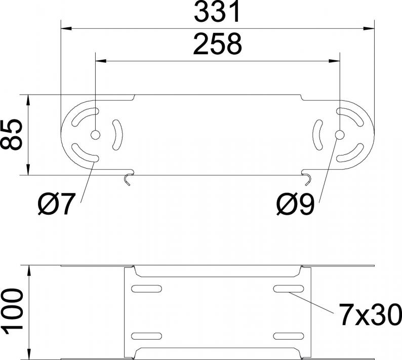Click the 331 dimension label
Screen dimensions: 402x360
pyautogui.click(x=217, y=12)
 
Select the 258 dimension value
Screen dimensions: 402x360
pyautogui.click(x=217, y=44)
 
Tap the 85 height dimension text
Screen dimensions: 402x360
pyautogui.click(x=11, y=135)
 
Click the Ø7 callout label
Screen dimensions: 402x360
pyautogui.click(x=57, y=204)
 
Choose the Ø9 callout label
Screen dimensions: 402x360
pyautogui.click(x=295, y=204)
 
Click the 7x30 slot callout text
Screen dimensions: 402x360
pyautogui.click(x=370, y=314)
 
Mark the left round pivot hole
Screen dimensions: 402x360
pyautogui.click(x=95, y=135)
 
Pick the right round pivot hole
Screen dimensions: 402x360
pyautogui.click(x=340, y=135)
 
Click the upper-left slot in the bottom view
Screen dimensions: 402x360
pyautogui.click(x=146, y=289)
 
